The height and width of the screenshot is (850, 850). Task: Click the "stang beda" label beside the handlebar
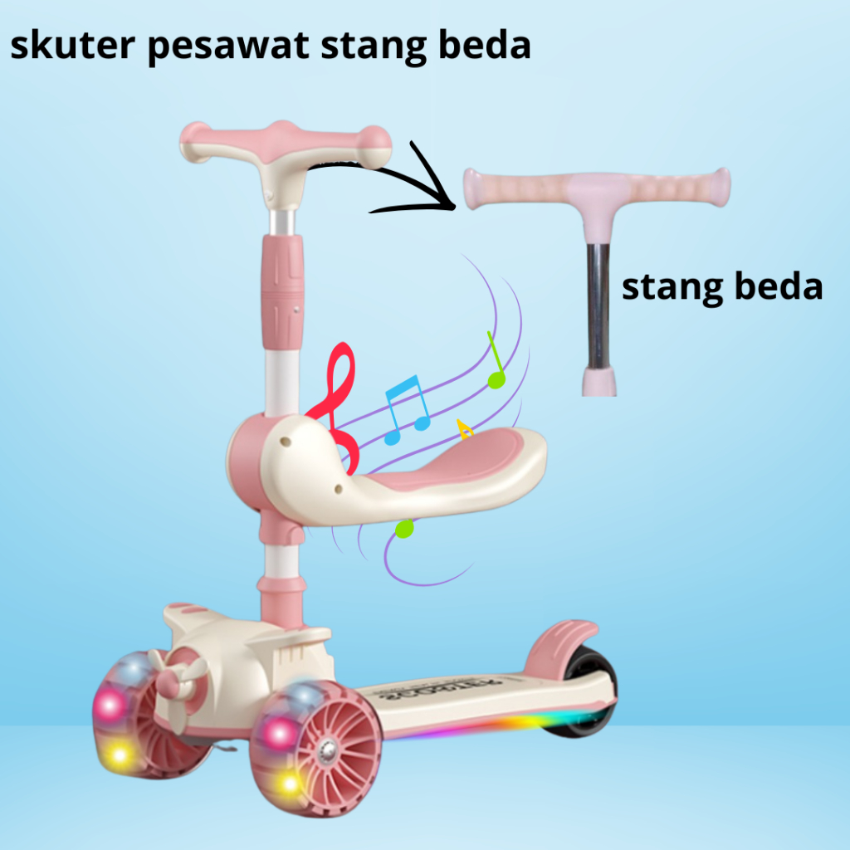pos(722,287)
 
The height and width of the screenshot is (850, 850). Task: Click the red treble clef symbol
pos(335,398)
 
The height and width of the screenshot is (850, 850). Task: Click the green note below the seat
pos(404,528)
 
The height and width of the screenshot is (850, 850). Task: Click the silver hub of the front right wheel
pos(328,750)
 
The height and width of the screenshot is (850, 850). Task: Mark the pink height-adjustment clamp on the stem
pos(282,291)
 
